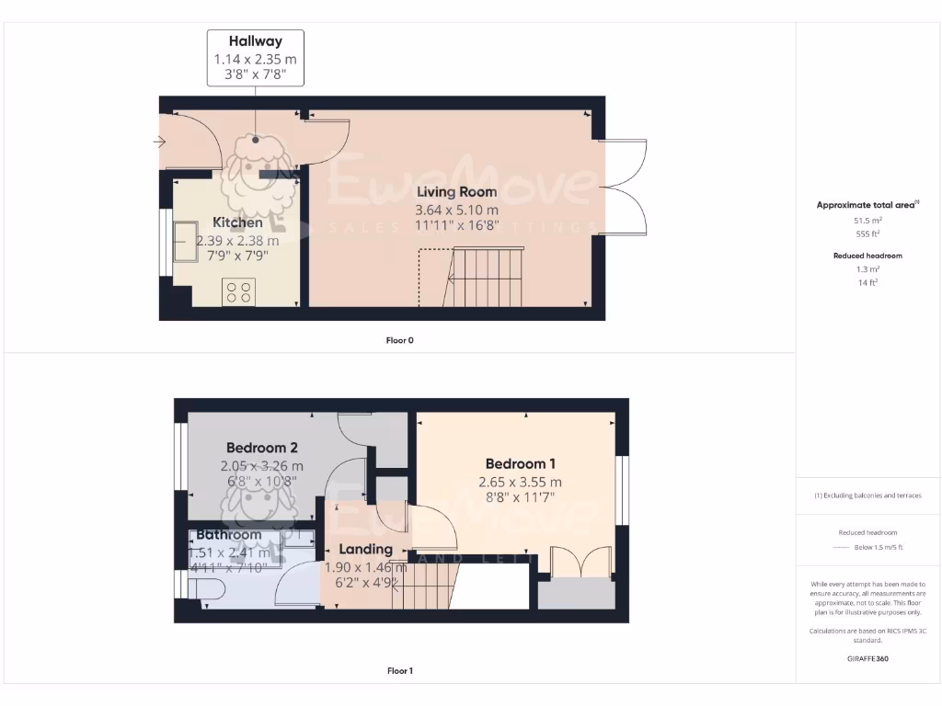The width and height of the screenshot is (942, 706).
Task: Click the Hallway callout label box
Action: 256,58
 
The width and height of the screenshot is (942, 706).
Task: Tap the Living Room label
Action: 457,192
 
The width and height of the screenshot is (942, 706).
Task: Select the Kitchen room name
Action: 237,222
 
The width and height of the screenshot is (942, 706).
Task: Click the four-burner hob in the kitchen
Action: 238,292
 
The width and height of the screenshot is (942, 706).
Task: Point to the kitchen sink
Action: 184,242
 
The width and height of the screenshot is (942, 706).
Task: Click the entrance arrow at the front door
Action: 159,142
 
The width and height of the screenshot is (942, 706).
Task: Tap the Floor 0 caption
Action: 399,340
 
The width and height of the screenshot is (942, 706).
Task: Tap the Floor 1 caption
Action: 399,671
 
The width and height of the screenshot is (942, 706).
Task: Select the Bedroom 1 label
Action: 520,464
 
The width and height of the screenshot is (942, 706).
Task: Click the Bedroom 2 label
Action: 262,448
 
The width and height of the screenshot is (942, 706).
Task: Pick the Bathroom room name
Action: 228,534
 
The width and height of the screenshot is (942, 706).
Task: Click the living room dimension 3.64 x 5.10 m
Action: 457,210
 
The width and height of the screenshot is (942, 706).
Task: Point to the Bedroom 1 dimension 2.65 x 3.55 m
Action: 520,482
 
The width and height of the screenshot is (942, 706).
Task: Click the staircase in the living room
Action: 486,278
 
